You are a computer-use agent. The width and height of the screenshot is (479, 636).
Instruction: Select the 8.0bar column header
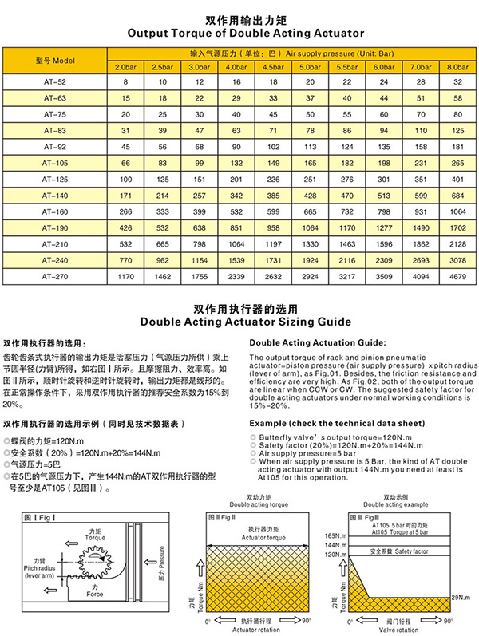453,66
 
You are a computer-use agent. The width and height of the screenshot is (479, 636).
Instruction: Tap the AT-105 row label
55,163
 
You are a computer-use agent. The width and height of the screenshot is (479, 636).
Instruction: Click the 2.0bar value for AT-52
125,82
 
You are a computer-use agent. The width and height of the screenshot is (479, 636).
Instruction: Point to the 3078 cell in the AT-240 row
453,260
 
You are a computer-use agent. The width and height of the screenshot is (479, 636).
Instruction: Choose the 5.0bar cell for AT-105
307,163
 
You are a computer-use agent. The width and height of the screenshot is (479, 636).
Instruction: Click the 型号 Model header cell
55,60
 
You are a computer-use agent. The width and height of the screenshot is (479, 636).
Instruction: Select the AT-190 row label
55,227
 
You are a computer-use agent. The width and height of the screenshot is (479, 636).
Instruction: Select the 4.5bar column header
276,66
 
